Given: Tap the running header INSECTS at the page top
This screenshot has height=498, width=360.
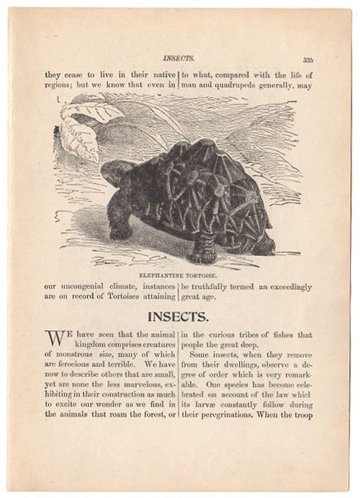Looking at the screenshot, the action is pyautogui.click(x=178, y=60).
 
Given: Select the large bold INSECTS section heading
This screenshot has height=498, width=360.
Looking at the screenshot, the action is pyautogui.click(x=179, y=316).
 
